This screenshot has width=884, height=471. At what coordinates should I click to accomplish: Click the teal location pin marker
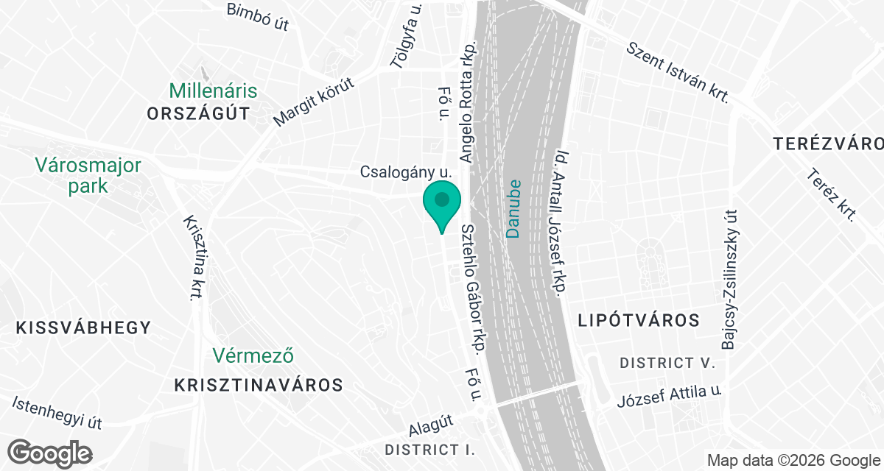tap(442, 204)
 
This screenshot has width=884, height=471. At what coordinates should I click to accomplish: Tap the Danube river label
tap(513, 208)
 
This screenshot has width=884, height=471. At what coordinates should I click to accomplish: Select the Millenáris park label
tap(213, 91)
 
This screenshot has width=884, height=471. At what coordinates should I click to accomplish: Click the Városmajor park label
tap(89, 175)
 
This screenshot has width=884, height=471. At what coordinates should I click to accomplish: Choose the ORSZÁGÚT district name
tap(198, 113)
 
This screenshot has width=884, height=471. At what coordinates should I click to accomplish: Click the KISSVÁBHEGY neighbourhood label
tap(83, 327)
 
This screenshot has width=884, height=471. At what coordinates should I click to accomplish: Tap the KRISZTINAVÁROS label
tap(259, 384)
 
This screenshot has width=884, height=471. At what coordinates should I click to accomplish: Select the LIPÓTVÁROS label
tap(639, 320)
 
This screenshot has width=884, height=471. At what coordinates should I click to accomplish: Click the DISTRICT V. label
tap(667, 364)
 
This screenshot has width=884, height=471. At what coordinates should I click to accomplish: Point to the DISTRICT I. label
tap(430, 449)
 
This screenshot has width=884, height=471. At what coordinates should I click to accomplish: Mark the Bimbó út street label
tap(258, 16)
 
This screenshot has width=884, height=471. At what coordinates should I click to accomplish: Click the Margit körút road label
tap(315, 101)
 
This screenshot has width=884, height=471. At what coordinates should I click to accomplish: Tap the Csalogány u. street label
tap(405, 171)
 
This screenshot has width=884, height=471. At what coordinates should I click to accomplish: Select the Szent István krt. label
tap(677, 72)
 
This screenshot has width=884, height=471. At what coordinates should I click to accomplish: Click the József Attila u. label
tap(669, 397)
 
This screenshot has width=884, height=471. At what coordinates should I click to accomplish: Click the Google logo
tap(50, 452)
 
